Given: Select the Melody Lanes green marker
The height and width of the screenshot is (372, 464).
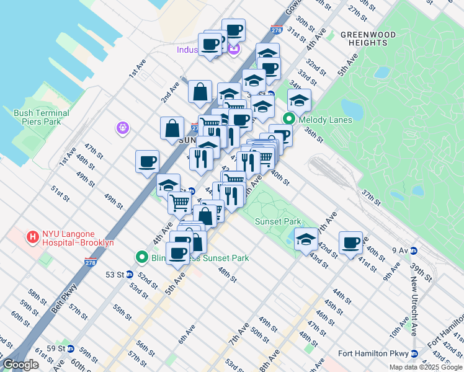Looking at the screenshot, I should point(289,120).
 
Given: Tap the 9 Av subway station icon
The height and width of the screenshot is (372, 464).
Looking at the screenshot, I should point(414,250).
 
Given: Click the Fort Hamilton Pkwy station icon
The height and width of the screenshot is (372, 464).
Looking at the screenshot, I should point(414,353).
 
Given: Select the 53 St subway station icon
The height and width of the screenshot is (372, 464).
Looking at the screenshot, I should point(130,274).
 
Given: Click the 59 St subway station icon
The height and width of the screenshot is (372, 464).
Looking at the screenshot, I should point(71,348).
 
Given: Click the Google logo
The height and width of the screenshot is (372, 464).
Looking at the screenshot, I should point(20,365).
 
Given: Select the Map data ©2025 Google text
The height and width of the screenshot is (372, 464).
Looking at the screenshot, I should point(426,367).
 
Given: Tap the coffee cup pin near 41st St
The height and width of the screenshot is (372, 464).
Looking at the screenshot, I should point(350,242).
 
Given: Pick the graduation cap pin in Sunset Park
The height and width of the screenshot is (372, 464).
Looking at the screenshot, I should point(306,239).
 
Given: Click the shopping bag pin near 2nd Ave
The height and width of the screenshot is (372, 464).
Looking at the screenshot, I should point(200,92).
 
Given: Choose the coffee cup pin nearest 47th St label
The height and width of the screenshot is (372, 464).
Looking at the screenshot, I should point(147,162).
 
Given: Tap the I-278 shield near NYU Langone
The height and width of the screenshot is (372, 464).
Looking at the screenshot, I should point(88,263).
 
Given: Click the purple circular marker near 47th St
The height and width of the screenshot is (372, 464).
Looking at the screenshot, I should point(123,128).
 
